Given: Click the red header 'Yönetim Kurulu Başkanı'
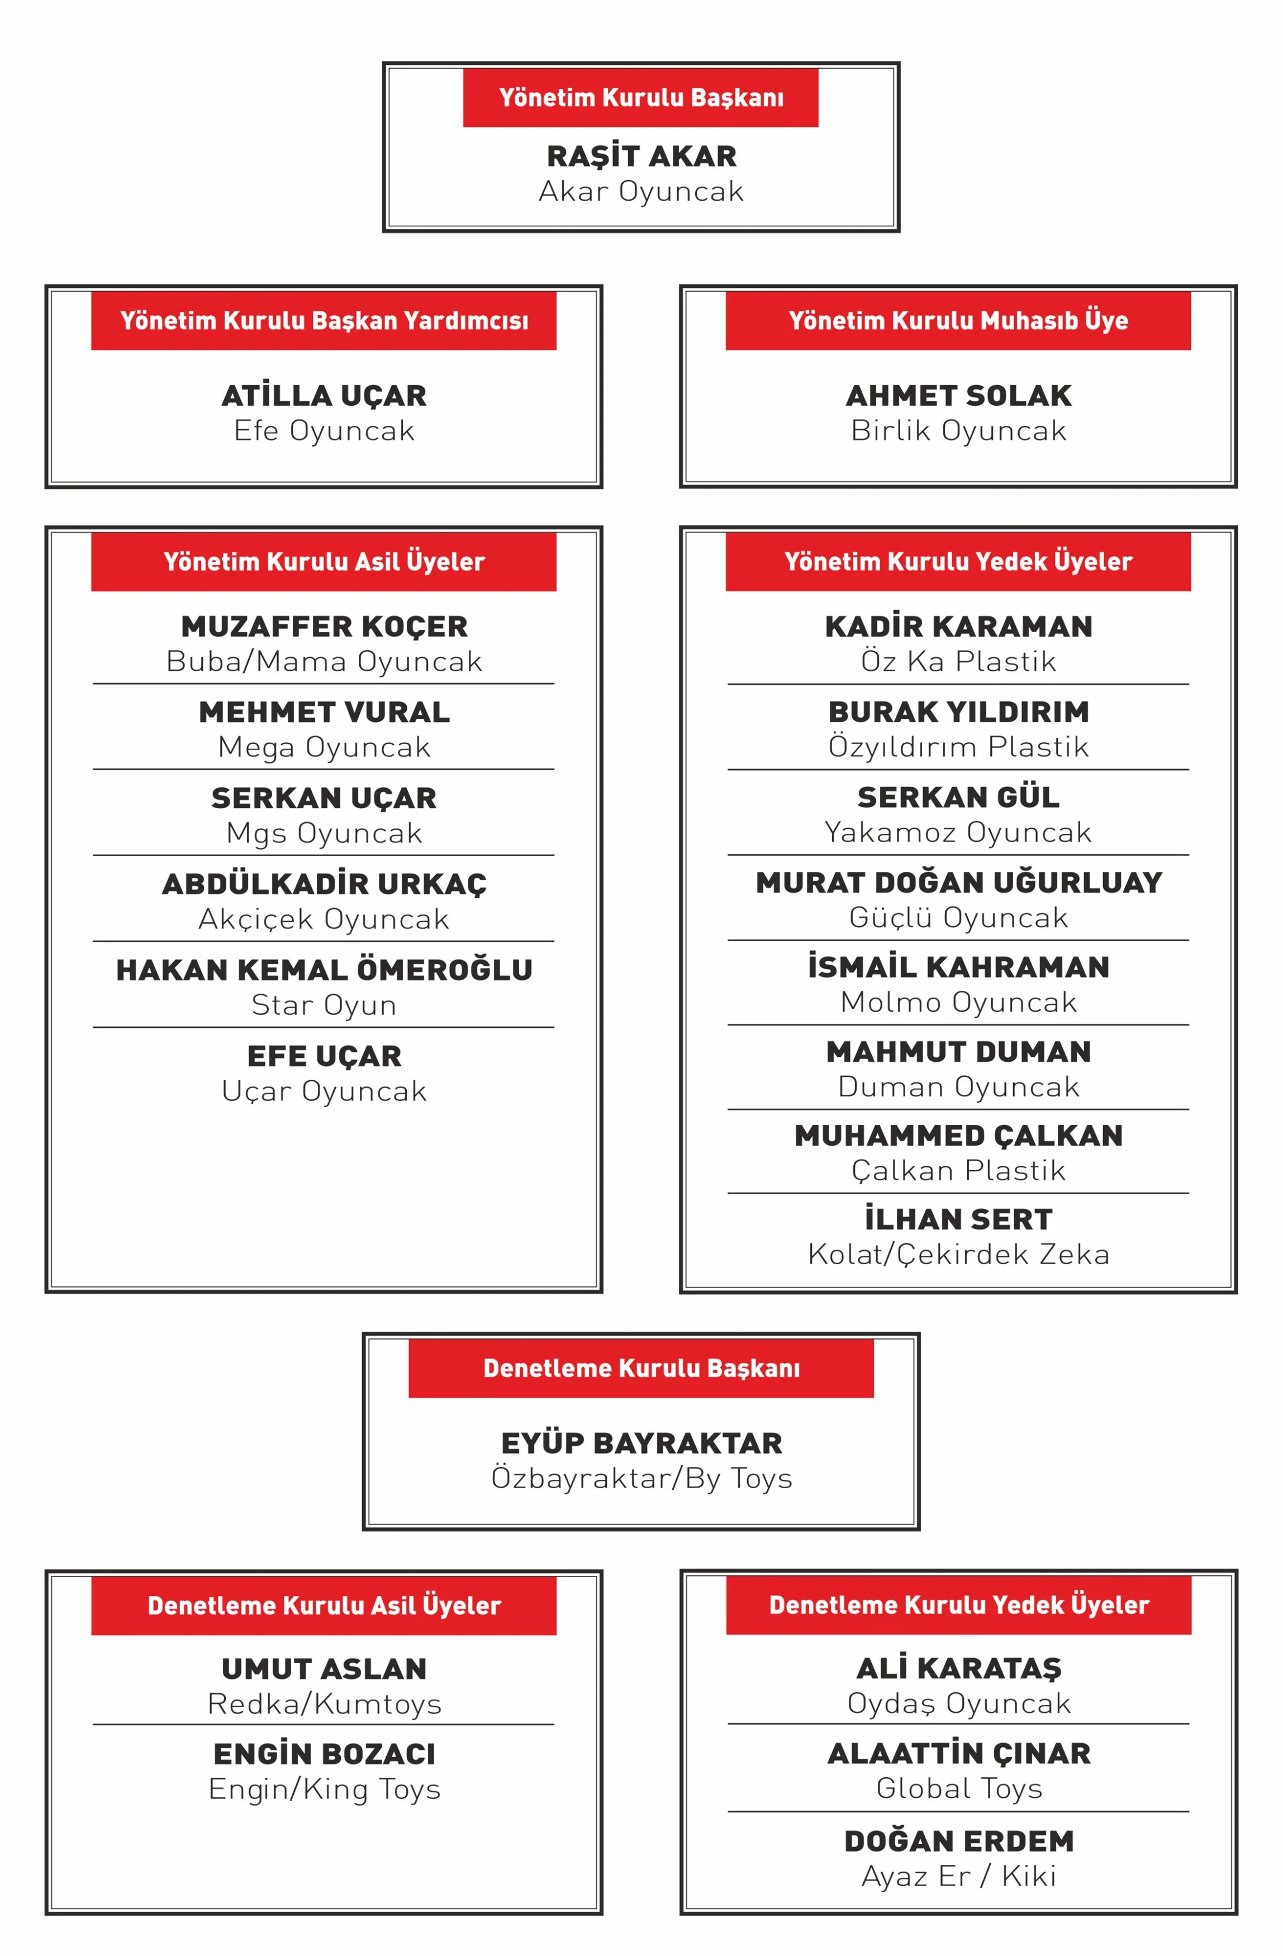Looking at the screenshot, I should click(x=640, y=98).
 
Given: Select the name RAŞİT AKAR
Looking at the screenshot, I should click(x=641, y=156).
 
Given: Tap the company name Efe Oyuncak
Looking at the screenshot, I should click(x=324, y=431).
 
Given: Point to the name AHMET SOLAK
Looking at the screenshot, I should click(x=958, y=396).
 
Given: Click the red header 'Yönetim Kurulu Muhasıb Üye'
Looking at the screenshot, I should click(x=958, y=321).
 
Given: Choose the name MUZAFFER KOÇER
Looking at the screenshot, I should click(x=324, y=627).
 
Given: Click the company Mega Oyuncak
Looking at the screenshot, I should click(x=324, y=747).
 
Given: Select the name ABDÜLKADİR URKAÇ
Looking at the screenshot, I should click(x=324, y=884).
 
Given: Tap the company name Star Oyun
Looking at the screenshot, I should click(x=324, y=1005).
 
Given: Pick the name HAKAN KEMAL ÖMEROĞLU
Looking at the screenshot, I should click(x=324, y=971).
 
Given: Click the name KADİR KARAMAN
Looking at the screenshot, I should click(x=958, y=627).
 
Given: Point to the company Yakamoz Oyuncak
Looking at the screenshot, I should click(x=958, y=833).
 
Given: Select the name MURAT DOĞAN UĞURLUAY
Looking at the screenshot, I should click(x=958, y=882).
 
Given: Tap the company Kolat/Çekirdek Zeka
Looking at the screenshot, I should click(x=958, y=1254).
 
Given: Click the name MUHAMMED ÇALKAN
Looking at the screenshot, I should click(x=958, y=1136).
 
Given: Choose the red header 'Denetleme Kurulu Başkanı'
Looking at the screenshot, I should click(x=640, y=1369).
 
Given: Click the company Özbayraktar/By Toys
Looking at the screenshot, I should click(x=641, y=1479).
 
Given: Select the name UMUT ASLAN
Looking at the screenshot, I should click(x=324, y=1669).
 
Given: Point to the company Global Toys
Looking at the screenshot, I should click(x=958, y=1788).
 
